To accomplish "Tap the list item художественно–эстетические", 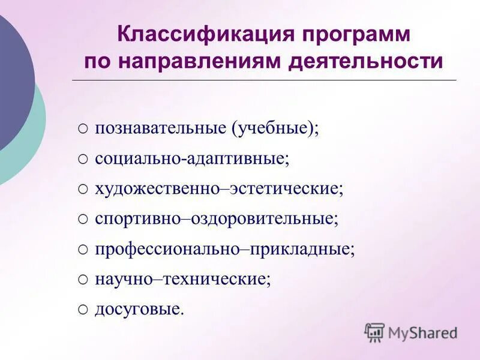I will click(219, 189).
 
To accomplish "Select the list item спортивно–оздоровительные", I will click(217, 219).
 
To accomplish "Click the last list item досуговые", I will click(139, 309).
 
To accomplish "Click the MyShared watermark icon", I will click(374, 332).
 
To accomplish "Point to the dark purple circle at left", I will click(12, 84).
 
